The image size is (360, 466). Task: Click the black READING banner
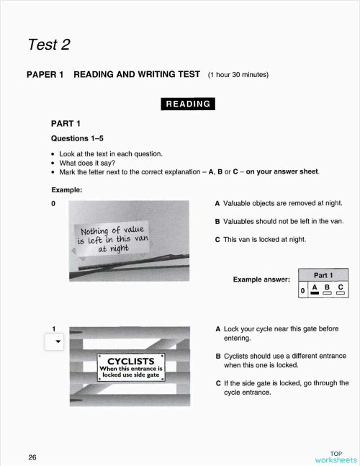pyautogui.click(x=188, y=104)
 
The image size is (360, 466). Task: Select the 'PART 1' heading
pyautogui.click(x=65, y=123)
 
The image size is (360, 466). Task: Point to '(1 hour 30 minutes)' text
pyautogui.click(x=238, y=74)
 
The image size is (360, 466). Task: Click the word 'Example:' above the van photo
pyautogui.click(x=66, y=190)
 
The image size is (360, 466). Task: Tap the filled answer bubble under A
pyautogui.click(x=315, y=293)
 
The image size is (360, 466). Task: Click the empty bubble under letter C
pyautogui.click(x=339, y=293)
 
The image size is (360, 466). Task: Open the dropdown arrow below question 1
pyautogui.click(x=55, y=342)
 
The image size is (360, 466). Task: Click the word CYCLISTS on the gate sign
pyautogui.click(x=132, y=360)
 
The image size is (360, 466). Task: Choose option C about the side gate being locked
pyautogui.click(x=282, y=387)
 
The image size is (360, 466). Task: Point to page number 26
pyautogui.click(x=33, y=457)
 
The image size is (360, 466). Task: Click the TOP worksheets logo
pyautogui.click(x=335, y=457)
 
